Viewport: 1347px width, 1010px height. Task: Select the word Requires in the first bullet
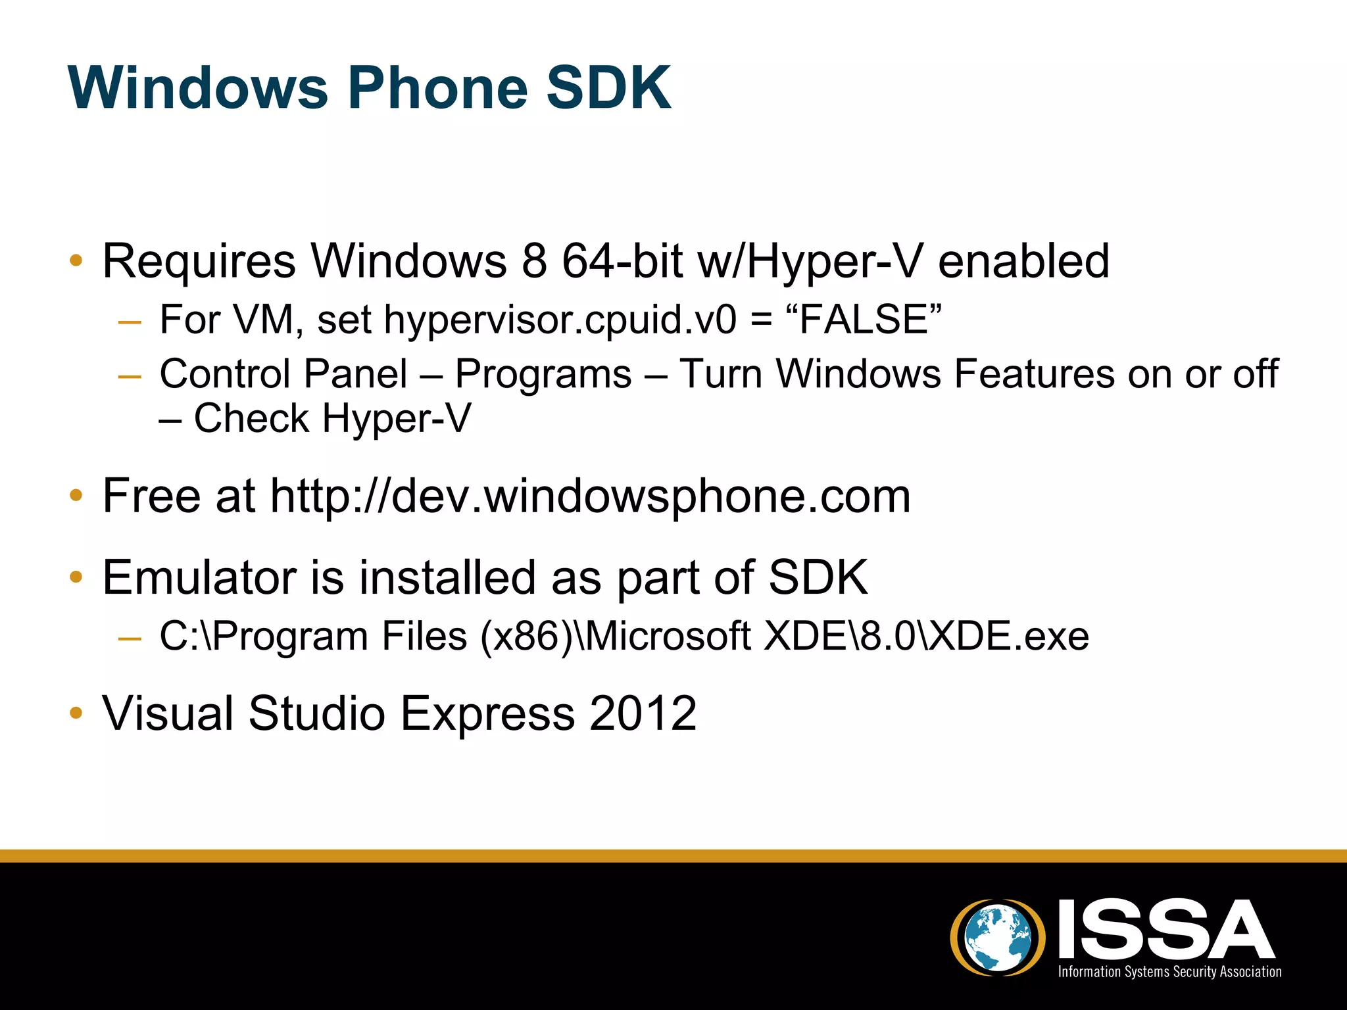[199, 262]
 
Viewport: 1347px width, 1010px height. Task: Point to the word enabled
[1023, 260]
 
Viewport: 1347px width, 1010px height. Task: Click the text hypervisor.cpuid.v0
[560, 320]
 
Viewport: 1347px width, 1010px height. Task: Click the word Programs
[543, 375]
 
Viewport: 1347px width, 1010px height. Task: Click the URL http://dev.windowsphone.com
[590, 496]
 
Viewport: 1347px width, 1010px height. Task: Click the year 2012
[643, 713]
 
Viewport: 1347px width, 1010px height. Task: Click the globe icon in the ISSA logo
[998, 936]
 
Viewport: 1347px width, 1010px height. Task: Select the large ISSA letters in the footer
[1166, 930]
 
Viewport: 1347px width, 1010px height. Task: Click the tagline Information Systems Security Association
[1169, 972]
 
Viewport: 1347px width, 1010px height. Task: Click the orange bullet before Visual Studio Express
[76, 713]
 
